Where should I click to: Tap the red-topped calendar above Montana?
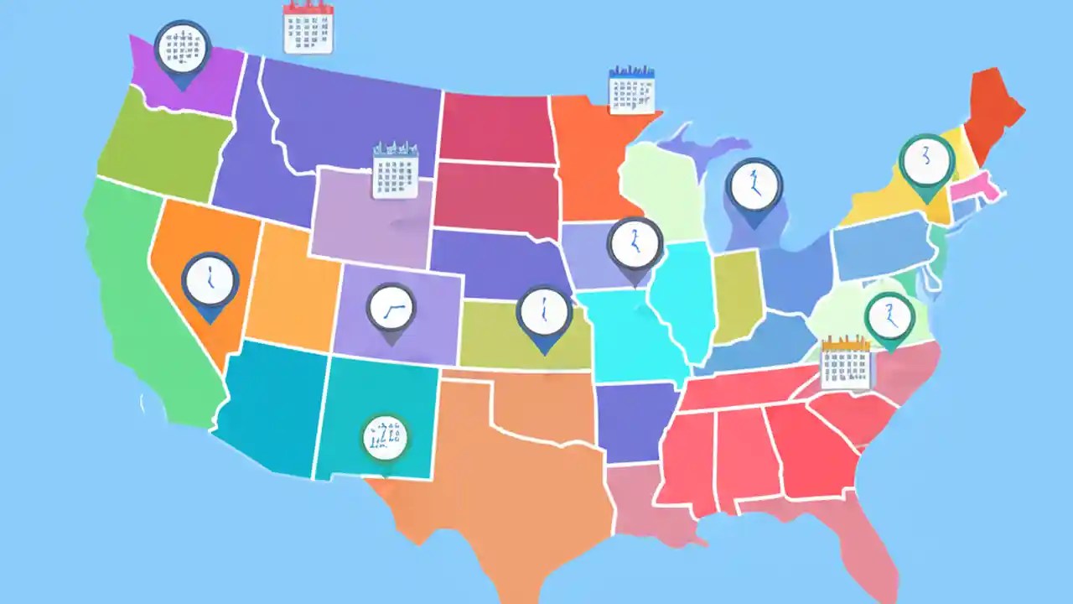(308, 28)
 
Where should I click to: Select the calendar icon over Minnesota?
(631, 91)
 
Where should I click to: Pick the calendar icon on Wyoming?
(395, 171)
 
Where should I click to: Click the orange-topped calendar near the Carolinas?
(846, 362)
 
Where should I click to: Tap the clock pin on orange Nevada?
(210, 283)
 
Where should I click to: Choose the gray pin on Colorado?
(391, 310)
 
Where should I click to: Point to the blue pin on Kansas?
(544, 314)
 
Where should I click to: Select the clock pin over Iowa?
(635, 245)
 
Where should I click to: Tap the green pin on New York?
(926, 163)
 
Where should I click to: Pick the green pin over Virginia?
(889, 317)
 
